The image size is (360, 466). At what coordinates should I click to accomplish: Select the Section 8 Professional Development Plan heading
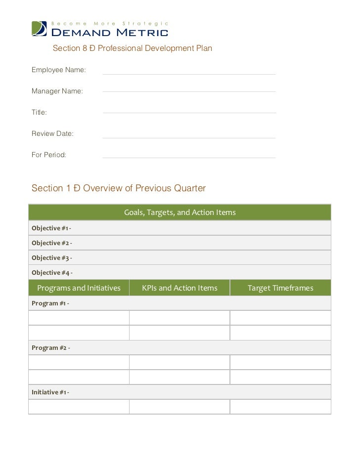[132, 48]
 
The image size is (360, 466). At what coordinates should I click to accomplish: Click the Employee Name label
[59, 70]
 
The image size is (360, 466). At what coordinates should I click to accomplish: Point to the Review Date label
[52, 133]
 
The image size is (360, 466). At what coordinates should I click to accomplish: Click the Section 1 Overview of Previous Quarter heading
[119, 188]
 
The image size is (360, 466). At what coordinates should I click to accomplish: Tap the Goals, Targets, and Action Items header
[180, 212]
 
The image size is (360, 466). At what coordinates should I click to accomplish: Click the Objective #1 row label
[51, 228]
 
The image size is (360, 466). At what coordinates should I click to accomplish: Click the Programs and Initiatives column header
[79, 288]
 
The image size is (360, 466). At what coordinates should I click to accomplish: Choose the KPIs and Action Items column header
[180, 288]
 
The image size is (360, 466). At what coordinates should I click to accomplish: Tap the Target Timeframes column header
[280, 288]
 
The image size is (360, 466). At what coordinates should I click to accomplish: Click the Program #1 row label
[50, 303]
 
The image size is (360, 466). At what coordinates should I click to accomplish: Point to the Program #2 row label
[51, 348]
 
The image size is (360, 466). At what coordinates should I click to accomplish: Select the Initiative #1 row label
[50, 392]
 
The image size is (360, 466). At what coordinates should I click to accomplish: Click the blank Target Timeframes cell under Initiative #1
[280, 407]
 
